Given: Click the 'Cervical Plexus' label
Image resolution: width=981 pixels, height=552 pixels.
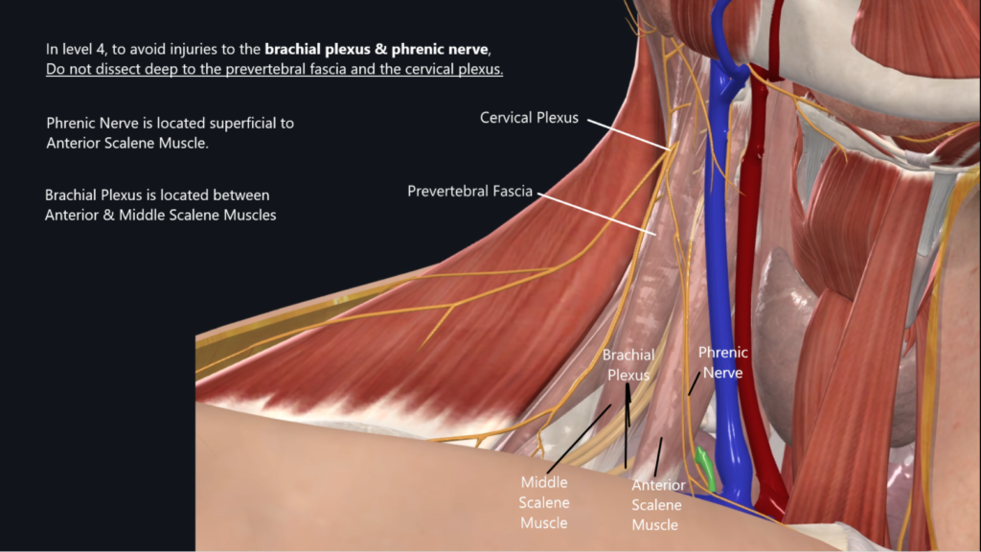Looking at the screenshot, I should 529,118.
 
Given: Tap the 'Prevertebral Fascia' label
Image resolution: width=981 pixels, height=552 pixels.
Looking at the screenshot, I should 469,191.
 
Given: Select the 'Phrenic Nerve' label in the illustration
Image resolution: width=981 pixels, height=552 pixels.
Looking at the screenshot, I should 722,362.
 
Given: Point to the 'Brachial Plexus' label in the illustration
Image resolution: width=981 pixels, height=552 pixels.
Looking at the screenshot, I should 628,365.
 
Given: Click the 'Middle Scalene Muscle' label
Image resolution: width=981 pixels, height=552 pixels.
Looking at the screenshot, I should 544,502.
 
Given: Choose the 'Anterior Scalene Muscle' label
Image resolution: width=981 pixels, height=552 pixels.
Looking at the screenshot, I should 656,505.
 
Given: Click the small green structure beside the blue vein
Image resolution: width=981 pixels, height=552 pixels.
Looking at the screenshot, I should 705,465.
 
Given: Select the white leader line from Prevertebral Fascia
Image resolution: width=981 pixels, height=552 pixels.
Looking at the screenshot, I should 594,212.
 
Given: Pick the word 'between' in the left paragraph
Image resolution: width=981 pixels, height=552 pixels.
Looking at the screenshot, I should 242,195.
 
